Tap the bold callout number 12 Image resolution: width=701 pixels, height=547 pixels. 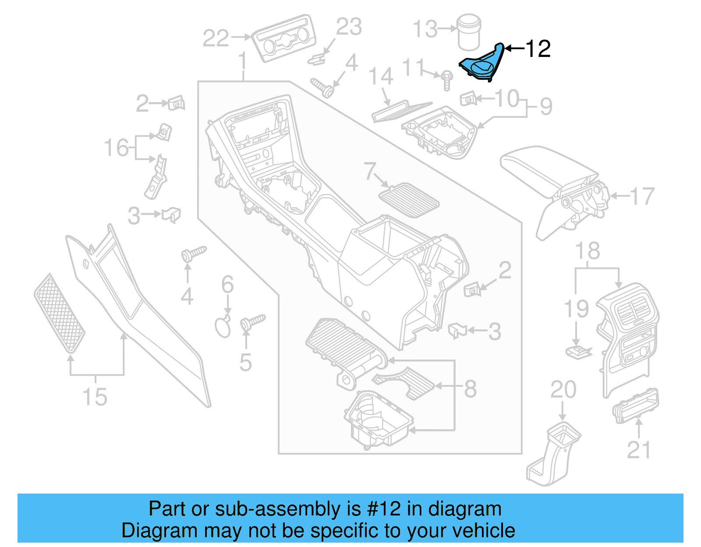tap(538, 49)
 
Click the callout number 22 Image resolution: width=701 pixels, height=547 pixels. tap(216, 38)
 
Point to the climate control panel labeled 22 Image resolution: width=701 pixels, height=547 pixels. tap(283, 44)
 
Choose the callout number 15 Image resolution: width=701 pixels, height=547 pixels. tap(95, 397)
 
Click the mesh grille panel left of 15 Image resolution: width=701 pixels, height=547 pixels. tap(60, 313)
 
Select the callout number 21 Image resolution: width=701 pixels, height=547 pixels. tap(639, 450)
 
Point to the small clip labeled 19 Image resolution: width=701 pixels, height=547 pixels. tap(578, 351)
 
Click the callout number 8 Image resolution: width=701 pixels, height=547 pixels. tap(470, 388)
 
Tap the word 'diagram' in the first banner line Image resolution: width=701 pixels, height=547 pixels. tap(464, 509)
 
